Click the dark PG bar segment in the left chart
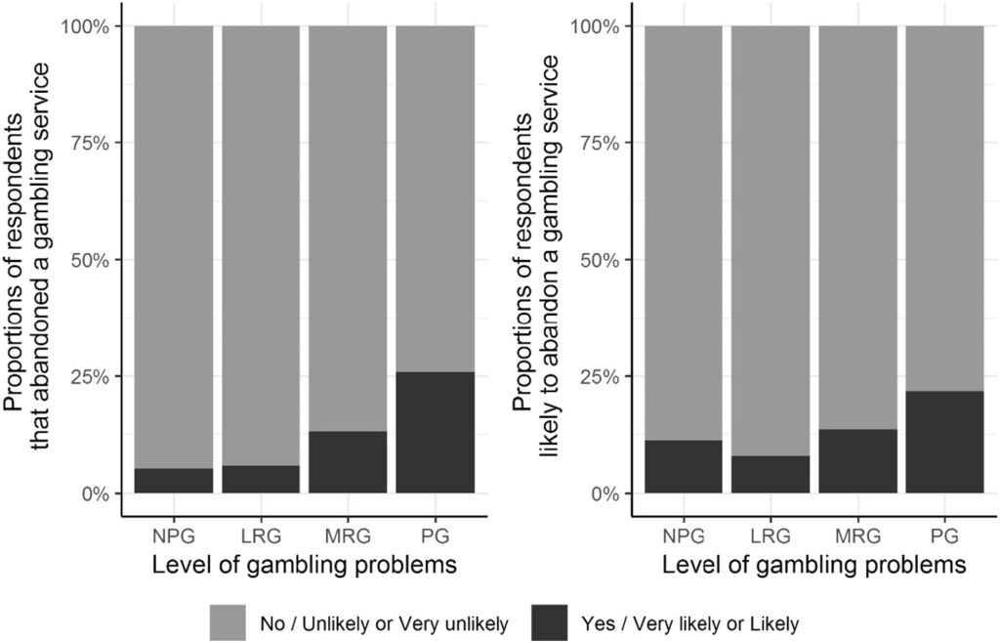(436, 433)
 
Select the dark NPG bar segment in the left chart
(173, 481)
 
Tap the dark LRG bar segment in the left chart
(261, 480)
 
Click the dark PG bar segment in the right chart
(945, 443)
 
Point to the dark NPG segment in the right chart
(683, 467)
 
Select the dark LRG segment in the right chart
(771, 475)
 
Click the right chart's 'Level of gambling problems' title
(813, 565)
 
